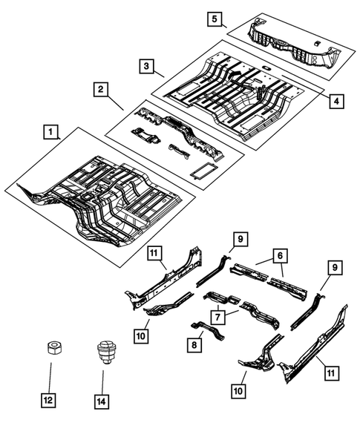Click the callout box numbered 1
click(50, 133)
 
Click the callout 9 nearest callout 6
click(241, 239)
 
